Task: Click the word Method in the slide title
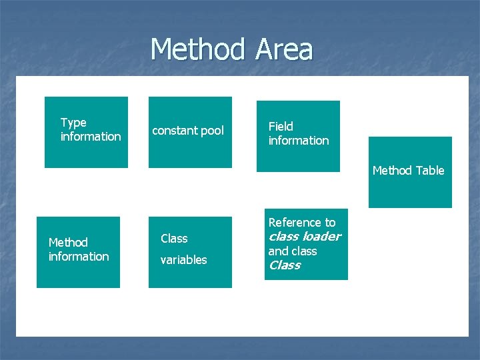pos(197,50)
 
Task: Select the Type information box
pos(86,132)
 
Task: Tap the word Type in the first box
pos(73,123)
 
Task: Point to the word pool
pos(213,131)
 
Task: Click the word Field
pos(281,126)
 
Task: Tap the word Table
pos(430,171)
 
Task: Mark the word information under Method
pos(79,257)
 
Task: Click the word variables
pos(184,260)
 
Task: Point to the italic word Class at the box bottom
pos(285,265)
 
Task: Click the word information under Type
pos(91,137)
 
